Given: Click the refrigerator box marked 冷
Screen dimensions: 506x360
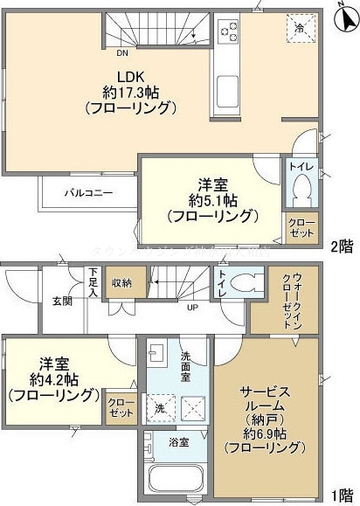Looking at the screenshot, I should tap(300, 29).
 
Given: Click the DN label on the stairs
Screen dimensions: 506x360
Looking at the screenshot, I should tap(123, 52).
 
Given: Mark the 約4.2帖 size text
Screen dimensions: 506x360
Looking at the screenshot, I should tap(64, 378).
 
